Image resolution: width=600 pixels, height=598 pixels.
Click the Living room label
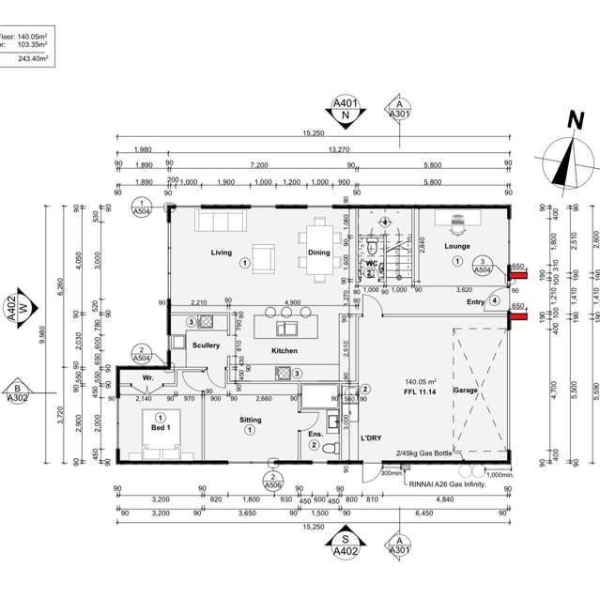point(222,253)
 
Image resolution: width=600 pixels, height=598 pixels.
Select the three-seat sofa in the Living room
point(217,221)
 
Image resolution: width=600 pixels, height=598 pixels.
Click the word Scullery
point(206,345)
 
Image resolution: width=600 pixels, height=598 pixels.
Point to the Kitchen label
point(285,351)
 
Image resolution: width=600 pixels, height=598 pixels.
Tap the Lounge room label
point(457,247)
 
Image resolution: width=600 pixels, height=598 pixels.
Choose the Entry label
point(476,301)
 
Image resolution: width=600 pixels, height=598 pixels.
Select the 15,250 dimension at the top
point(313,133)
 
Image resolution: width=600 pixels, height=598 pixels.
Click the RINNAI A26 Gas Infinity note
point(448,483)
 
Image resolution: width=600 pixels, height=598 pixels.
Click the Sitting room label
point(251,420)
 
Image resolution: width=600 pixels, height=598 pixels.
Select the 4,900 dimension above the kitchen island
point(291,302)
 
